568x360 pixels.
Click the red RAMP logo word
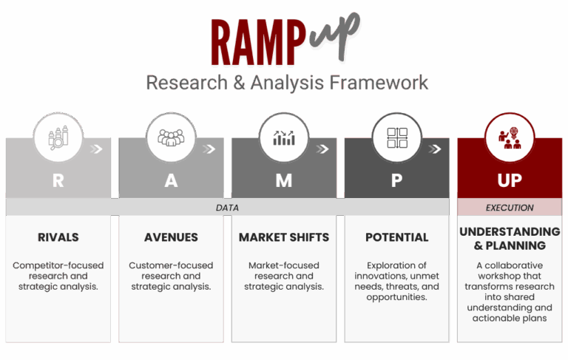coord(259,42)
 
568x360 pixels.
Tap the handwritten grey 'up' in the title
coord(335,37)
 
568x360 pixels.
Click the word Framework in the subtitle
coord(379,83)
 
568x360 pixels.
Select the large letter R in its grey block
coord(58,180)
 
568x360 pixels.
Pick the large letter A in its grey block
coord(171,180)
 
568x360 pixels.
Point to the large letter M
coord(284,180)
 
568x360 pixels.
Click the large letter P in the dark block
coord(396,180)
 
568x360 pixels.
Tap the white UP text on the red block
coord(510,180)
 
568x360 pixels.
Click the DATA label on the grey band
coord(227,208)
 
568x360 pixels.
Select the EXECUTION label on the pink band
coord(510,208)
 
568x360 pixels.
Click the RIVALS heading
coord(58,237)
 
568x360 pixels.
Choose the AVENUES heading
coord(171,237)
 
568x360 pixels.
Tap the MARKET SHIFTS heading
coord(284,237)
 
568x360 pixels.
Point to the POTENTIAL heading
coord(396,237)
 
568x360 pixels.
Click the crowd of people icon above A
coord(171,137)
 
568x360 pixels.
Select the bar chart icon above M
coord(284,137)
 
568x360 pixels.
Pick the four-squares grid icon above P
coord(397,137)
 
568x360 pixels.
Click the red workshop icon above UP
coord(510,137)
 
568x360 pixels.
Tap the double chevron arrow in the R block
coord(96,149)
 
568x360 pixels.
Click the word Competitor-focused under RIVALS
coord(58,265)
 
